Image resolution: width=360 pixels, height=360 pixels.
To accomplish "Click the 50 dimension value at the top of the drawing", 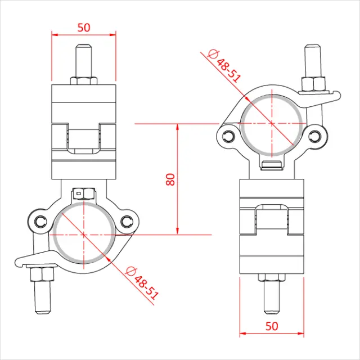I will pos(83,26).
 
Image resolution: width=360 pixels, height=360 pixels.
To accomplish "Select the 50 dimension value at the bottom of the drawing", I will pos(272,326).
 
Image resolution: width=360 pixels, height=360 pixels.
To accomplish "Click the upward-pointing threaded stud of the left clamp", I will pos(83,58).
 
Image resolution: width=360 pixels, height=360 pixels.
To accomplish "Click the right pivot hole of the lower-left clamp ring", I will pos(128,221).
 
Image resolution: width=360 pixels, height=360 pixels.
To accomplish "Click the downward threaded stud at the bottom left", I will pos(43,295).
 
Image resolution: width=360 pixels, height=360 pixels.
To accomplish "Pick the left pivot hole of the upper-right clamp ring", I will pos(228,136).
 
